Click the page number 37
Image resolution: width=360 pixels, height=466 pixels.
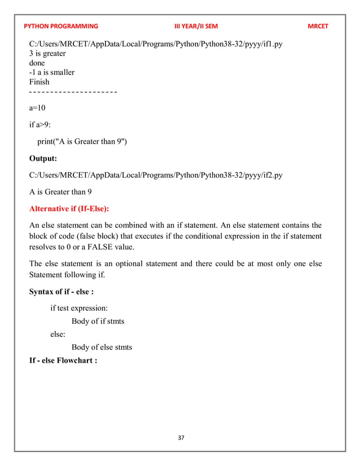[x=181, y=438]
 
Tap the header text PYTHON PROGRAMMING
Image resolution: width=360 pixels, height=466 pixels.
[x=61, y=27]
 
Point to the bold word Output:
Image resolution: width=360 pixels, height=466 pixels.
[x=47, y=159]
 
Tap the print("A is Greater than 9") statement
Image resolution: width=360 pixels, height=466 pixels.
[x=82, y=141]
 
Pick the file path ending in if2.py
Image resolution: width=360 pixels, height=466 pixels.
[x=156, y=175]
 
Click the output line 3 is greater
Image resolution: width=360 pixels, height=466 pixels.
[x=47, y=54]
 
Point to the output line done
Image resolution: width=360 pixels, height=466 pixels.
[x=37, y=63]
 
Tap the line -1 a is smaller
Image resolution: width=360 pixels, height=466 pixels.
[x=52, y=72]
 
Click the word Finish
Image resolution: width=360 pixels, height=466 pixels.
[x=39, y=82]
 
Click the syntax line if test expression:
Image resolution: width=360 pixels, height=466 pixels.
[x=79, y=308]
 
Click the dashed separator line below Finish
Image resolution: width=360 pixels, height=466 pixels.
[x=73, y=91]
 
